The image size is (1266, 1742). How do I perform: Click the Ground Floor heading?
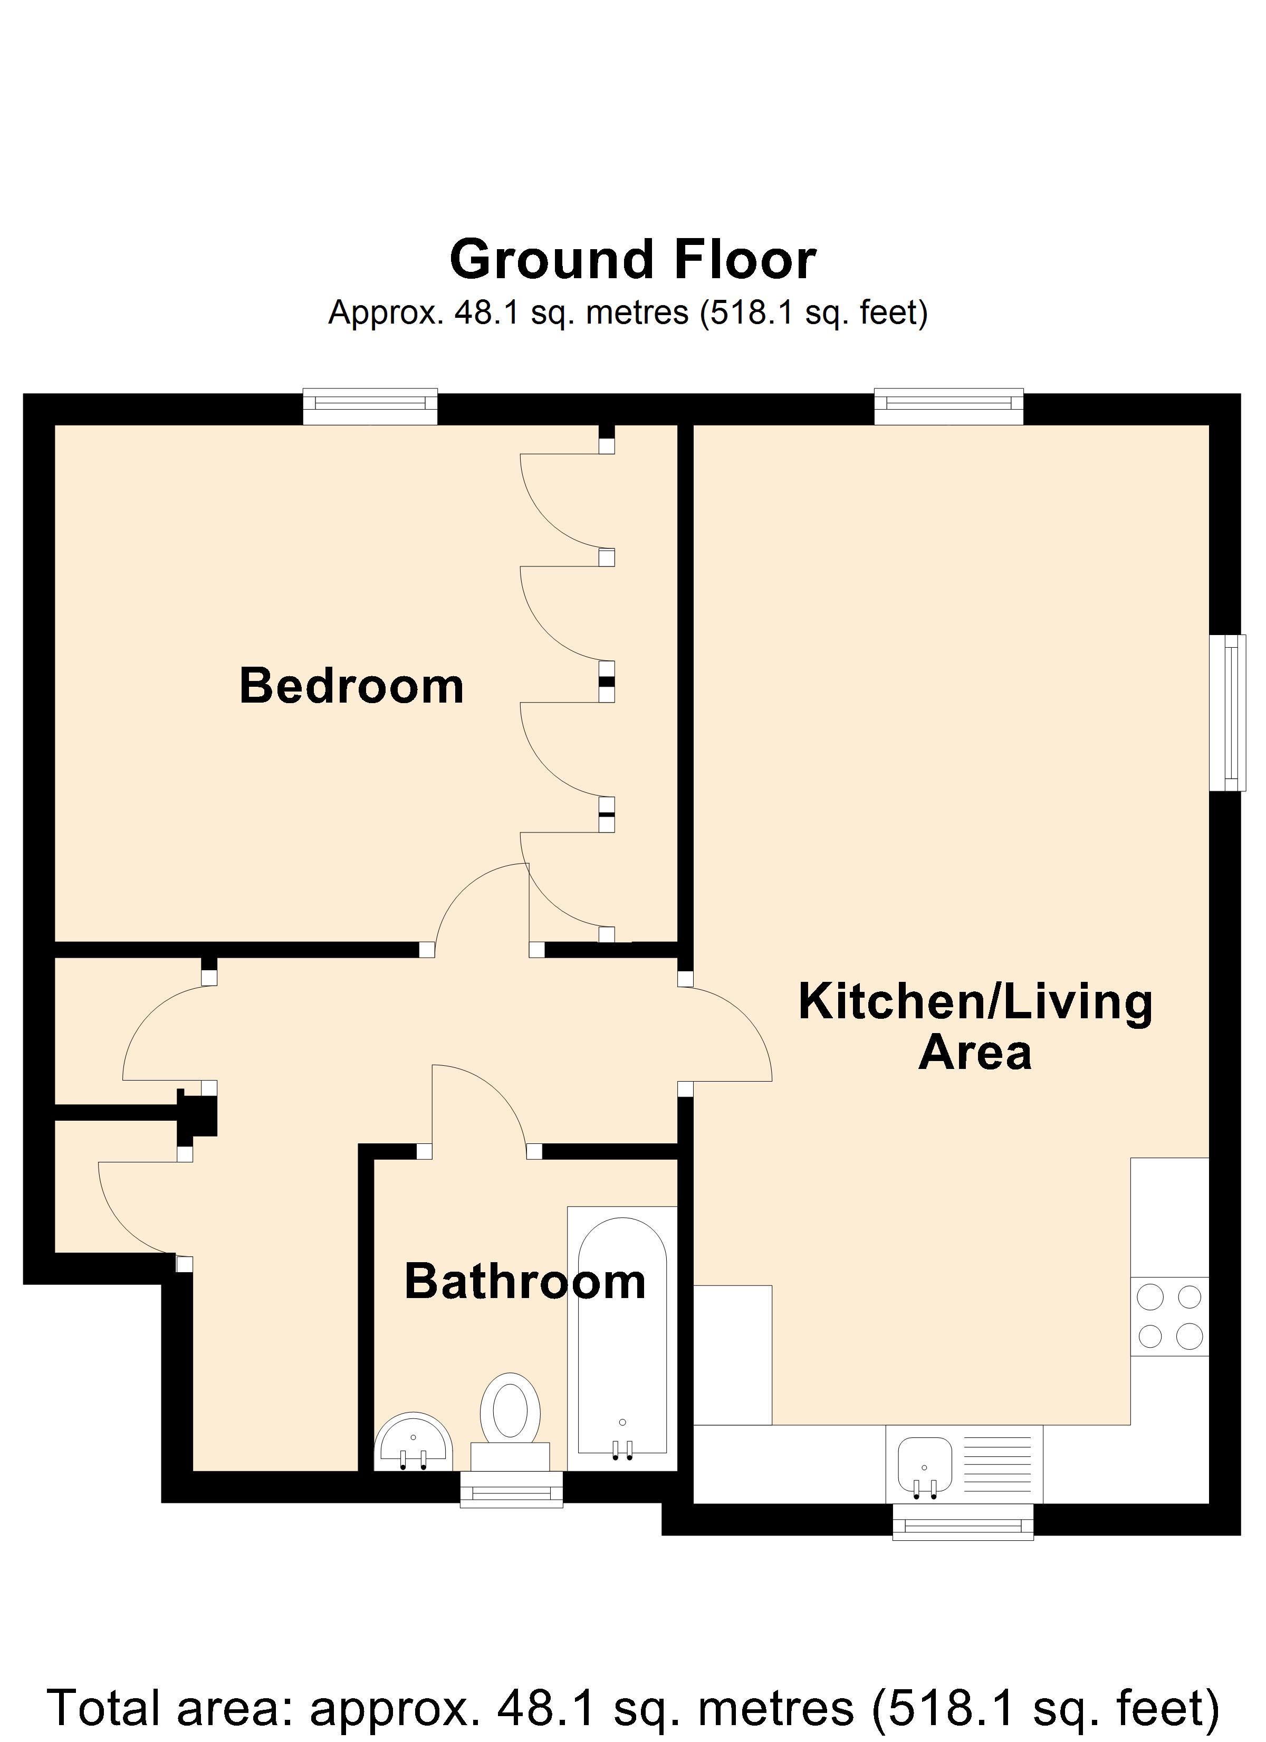632,260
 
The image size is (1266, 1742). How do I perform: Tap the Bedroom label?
352,686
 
